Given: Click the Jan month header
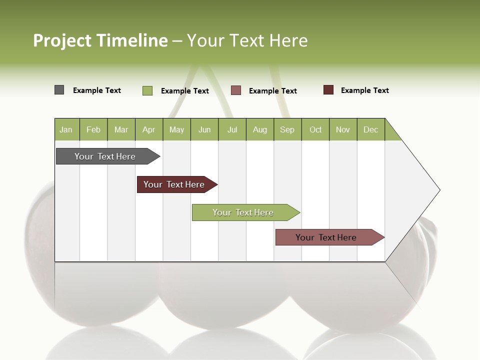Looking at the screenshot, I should (66, 129).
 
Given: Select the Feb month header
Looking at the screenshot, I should (93, 129).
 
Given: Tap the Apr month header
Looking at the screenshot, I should (149, 129).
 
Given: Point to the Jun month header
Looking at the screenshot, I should (204, 129).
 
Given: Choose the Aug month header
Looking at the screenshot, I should (260, 129).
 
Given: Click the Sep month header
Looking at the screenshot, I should (287, 129).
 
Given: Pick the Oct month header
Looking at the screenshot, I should (315, 129).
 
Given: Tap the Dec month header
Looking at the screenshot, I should (371, 129).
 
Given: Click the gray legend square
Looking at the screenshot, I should (59, 90).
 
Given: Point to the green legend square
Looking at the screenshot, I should (147, 90).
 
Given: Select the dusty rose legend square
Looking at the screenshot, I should (236, 90).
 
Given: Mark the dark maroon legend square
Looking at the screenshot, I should (328, 90).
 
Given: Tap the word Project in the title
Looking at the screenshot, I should (62, 40).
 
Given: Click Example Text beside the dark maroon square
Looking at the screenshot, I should (364, 90).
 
